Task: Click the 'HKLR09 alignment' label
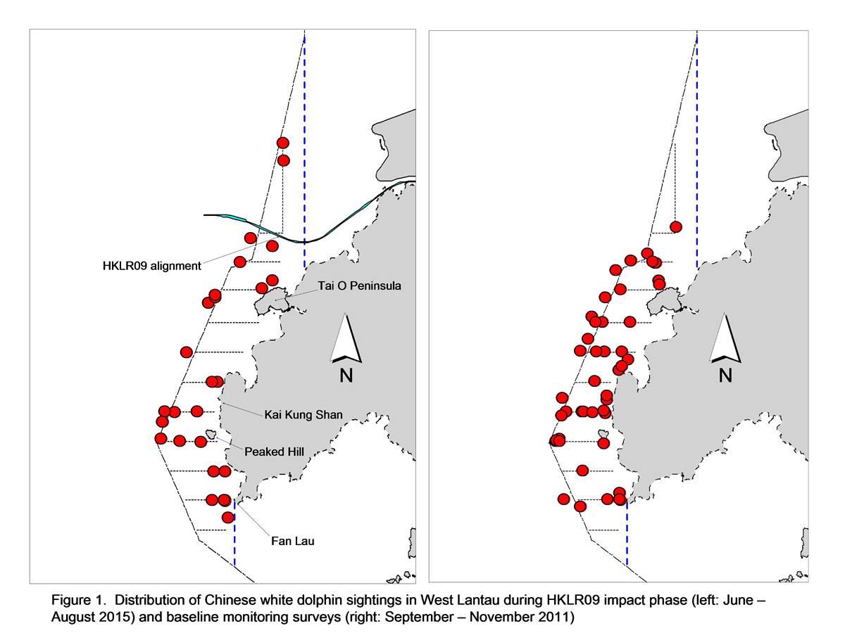pos(151,266)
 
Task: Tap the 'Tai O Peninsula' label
pos(359,286)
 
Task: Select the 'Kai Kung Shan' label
pos(303,415)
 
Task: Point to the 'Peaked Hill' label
pos(274,452)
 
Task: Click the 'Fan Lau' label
pos(292,541)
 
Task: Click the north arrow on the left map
pos(346,339)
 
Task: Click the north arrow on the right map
pos(725,338)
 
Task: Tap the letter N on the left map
pos(346,376)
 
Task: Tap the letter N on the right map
pos(725,376)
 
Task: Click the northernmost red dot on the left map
pos(283,143)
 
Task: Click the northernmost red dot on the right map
pos(676,227)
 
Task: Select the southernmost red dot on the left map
pos(228,518)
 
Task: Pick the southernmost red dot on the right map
pos(580,506)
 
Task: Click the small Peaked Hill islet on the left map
pos(211,434)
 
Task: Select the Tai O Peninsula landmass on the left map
pos(271,301)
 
